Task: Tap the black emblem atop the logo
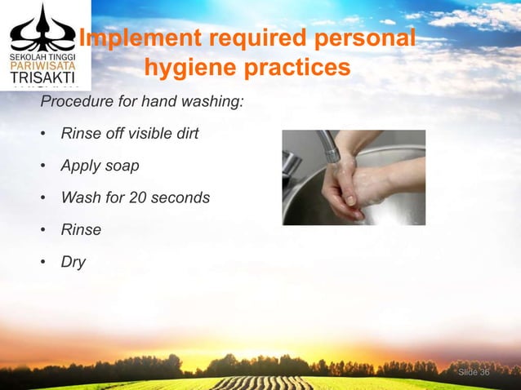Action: pos(40,28)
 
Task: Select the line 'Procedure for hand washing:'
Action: pos(140,103)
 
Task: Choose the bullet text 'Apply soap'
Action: pos(100,166)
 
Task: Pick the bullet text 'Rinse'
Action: pos(81,229)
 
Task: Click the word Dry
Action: pos(73,262)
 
